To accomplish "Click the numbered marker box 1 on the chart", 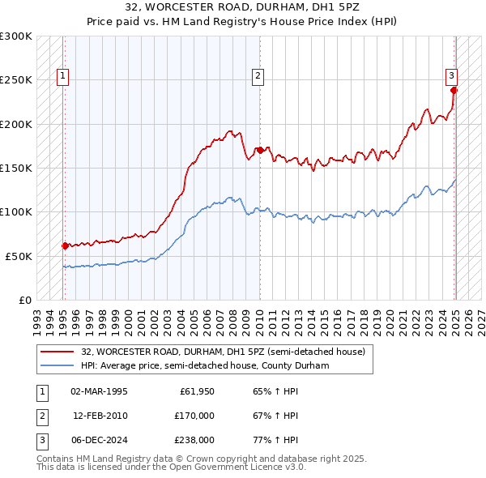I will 62,77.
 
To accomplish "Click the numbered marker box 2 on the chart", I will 258,77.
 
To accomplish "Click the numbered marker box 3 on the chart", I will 451,77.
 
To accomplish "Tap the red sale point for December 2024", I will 454,90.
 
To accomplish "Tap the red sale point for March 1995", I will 65,245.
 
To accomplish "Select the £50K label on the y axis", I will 19,256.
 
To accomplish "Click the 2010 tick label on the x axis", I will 259,316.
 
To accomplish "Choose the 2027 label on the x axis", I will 481,316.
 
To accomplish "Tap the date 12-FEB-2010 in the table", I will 100,416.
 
